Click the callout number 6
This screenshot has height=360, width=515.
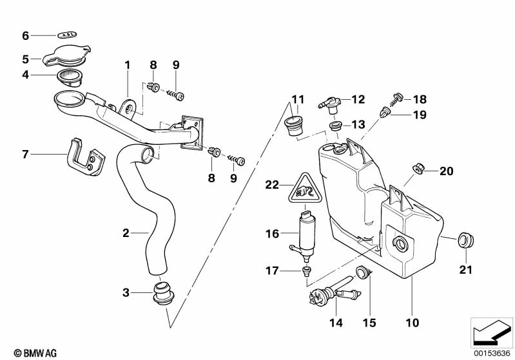point(26,35)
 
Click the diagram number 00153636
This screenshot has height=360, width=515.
point(493,353)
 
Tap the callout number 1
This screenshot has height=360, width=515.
point(127,65)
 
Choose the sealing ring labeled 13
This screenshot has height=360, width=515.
point(335,124)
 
